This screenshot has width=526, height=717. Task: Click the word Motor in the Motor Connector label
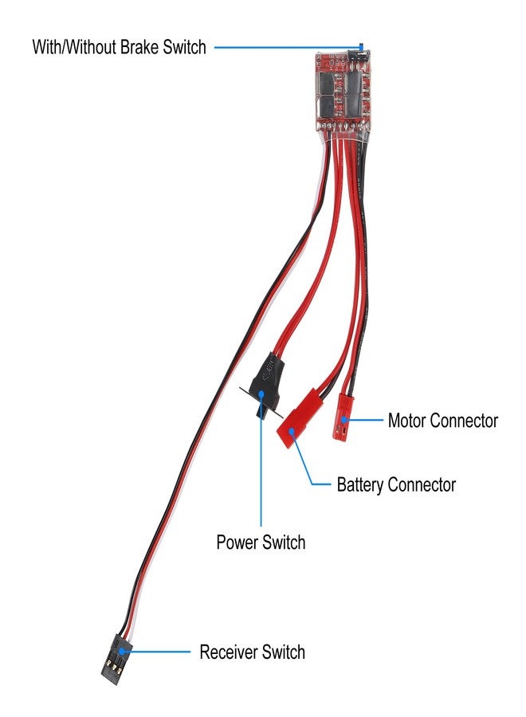coord(407,420)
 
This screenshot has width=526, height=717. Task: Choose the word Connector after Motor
coord(464,420)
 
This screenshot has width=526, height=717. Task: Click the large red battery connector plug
coord(300,418)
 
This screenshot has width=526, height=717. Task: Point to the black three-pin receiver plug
coord(116,655)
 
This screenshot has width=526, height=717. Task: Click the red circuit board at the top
coord(343,92)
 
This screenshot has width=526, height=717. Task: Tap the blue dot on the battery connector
coord(292,430)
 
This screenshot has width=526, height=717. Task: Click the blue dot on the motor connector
coord(343,419)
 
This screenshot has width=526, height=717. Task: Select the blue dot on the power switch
coord(261,394)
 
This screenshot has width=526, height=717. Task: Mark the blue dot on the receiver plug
coord(121,652)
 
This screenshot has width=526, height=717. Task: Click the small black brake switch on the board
coord(359,56)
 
